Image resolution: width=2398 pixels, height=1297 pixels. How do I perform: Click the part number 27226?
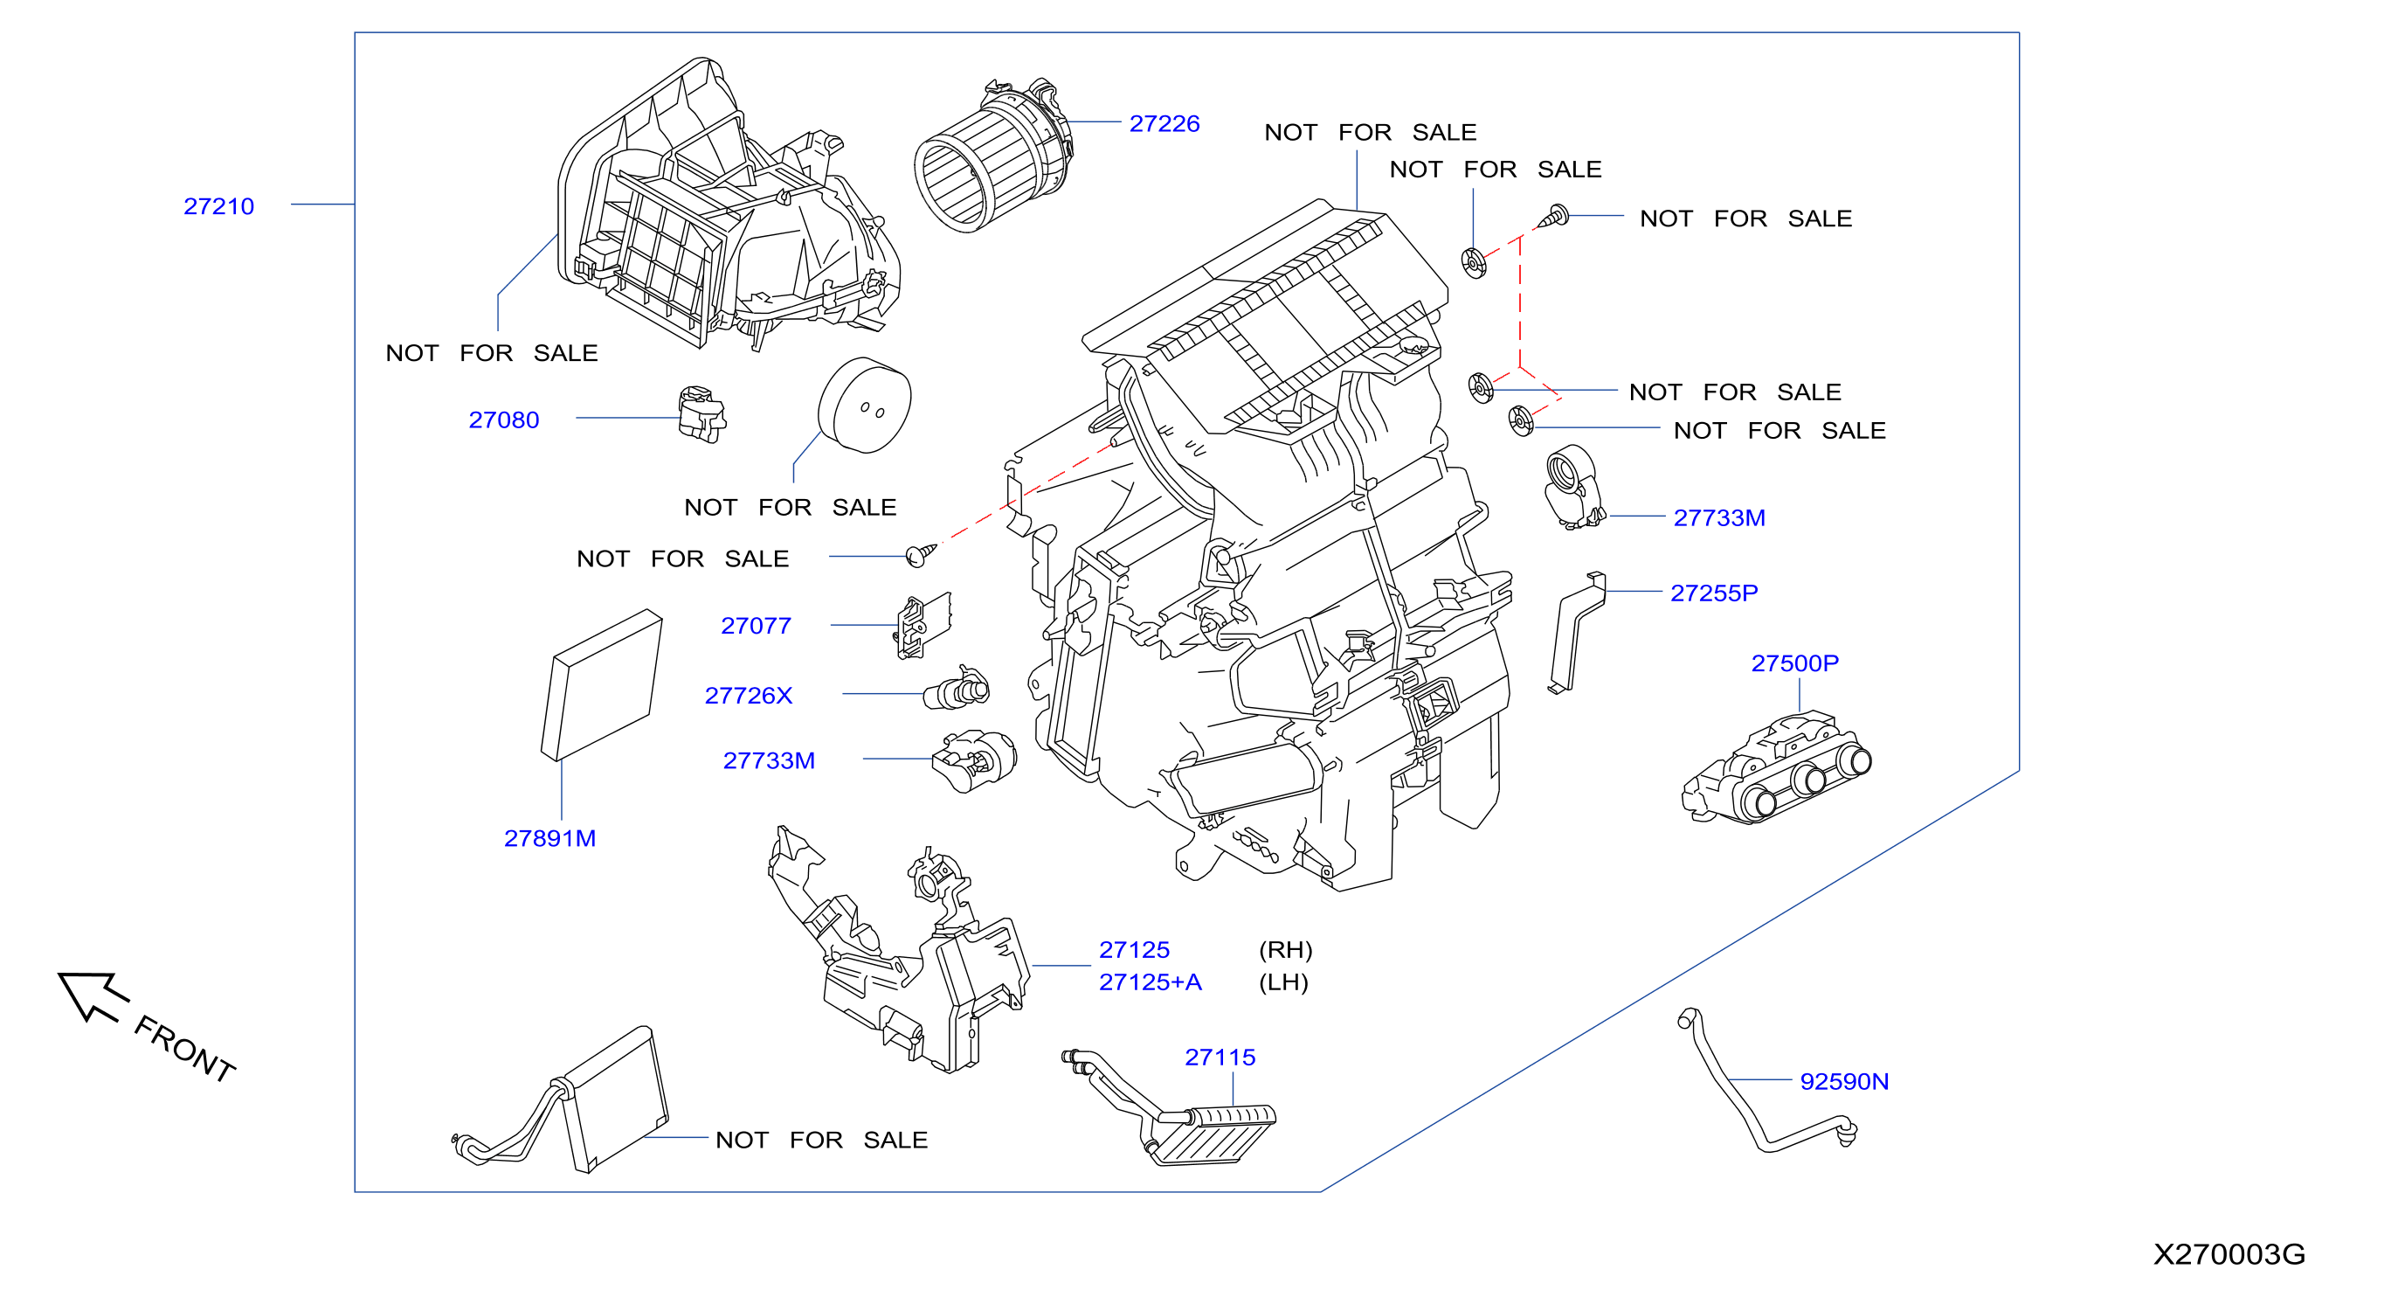point(1164,124)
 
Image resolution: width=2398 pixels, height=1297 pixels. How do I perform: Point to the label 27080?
point(503,420)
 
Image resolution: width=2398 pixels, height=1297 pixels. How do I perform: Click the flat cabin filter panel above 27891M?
point(601,685)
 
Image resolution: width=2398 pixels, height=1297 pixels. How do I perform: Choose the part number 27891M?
point(550,838)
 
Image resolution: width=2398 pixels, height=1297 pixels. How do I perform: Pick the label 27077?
point(756,626)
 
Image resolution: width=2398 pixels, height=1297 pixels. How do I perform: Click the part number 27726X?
point(749,696)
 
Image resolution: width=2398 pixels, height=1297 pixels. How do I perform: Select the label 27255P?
point(1714,593)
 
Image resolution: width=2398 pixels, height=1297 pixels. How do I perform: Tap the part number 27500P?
point(1794,663)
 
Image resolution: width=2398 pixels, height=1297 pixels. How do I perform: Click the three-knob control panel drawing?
point(1776,768)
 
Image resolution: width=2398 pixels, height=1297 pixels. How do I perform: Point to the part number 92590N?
point(1844,1081)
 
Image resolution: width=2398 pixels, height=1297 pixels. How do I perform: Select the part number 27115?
point(1220,1057)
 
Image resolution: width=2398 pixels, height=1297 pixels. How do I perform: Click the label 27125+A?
point(1151,981)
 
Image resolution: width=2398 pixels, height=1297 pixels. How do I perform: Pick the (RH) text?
point(1286,950)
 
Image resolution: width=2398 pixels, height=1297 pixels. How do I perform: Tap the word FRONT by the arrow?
point(184,1049)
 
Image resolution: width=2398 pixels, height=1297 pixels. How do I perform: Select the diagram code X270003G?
point(2229,1254)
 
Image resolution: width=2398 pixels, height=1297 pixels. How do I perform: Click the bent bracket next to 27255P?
point(1577,632)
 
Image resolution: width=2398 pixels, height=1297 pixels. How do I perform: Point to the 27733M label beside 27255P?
point(1719,517)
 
